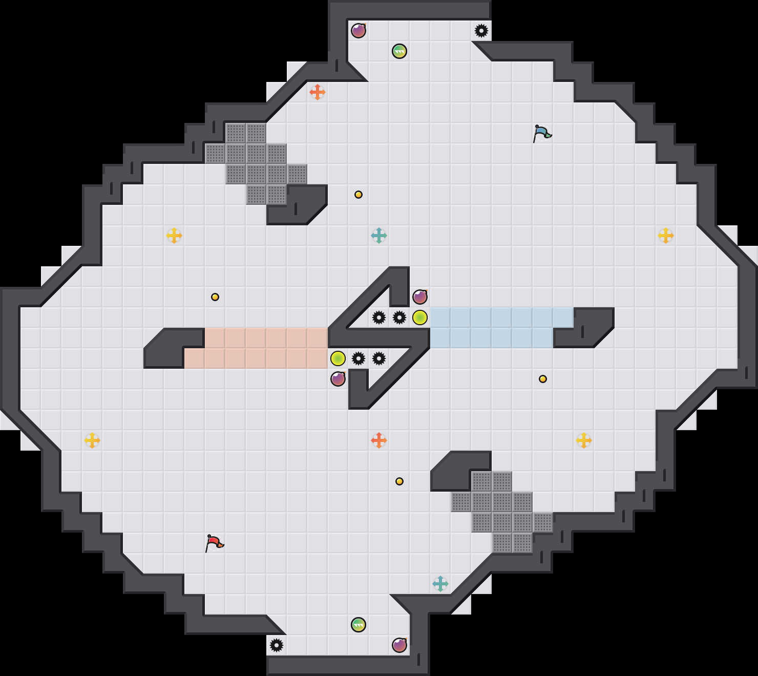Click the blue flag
point(542,133)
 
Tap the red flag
point(214,543)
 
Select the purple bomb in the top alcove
point(359,31)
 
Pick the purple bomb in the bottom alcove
point(399,645)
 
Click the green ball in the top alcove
point(399,51)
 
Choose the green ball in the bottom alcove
point(359,625)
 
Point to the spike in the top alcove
point(481,31)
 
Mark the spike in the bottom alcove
point(277,645)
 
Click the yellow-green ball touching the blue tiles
point(420,318)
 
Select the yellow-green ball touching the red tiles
point(338,358)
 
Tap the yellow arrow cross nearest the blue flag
point(666,236)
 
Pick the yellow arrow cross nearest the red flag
point(92,440)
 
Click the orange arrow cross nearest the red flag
point(379,440)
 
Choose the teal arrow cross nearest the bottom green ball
point(440,584)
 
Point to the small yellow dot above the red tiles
point(215,297)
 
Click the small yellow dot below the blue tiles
point(543,379)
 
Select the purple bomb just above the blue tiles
point(420,297)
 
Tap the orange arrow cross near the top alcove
point(318,92)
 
